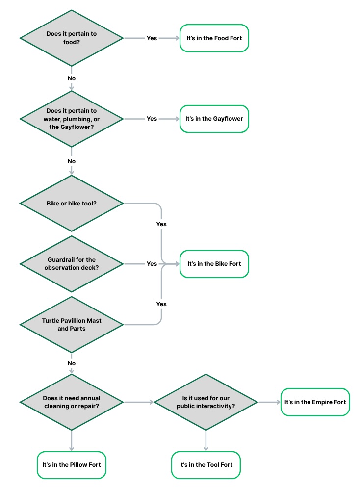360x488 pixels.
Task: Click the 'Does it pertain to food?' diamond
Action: point(72,38)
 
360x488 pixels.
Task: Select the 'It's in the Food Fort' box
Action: point(214,38)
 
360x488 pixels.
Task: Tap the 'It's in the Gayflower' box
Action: point(214,119)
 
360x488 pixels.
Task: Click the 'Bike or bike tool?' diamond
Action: point(72,203)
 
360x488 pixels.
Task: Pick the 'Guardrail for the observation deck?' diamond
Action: point(72,264)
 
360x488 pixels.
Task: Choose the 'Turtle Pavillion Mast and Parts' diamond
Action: point(72,325)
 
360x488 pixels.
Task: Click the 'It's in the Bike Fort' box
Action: point(214,264)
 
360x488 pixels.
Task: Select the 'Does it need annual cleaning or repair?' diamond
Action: point(72,402)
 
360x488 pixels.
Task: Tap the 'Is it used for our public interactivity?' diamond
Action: point(206,402)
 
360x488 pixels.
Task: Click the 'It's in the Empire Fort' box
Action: point(315,402)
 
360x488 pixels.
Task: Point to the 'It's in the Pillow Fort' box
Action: point(72,465)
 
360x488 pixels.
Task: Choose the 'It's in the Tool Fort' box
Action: point(206,465)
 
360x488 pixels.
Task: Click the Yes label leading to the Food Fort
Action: point(152,38)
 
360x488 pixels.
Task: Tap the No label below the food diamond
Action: point(72,78)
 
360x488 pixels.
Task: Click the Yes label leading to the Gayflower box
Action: point(152,119)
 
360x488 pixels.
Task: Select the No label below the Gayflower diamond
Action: point(72,161)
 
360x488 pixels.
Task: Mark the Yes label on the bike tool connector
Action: point(161,224)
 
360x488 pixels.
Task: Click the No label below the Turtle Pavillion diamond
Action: point(72,363)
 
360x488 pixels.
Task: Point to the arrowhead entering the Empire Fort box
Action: point(279,402)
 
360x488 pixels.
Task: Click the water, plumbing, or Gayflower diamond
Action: point(72,119)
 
